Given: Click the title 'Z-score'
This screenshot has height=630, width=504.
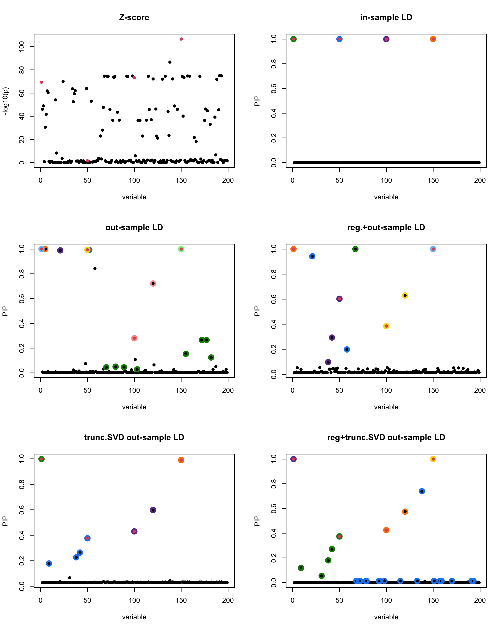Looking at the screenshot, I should (x=134, y=17).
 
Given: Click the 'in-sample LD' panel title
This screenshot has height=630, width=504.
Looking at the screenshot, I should (x=386, y=17).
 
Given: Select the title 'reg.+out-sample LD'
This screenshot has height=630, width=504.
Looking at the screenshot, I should (x=386, y=227).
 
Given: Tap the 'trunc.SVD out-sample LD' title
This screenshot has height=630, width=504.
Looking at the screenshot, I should (x=134, y=437).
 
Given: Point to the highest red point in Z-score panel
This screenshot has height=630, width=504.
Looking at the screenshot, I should (x=181, y=39).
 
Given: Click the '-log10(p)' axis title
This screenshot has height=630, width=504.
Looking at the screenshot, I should (x=5, y=101).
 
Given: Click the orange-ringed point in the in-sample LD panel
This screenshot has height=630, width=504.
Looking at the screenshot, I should (x=433, y=39).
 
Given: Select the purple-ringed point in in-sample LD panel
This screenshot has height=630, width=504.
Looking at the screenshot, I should (x=386, y=39).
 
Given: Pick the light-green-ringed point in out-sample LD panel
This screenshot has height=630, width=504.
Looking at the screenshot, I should (x=181, y=249).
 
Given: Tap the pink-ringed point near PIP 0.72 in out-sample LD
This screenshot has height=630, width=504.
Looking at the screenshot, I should (x=153, y=283).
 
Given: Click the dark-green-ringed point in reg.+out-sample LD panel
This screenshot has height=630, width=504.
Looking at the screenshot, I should (x=355, y=249).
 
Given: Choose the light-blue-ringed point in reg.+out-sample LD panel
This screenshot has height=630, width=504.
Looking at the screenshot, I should (x=433, y=249).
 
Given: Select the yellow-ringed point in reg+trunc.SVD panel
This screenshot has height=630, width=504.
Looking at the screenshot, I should (x=433, y=459).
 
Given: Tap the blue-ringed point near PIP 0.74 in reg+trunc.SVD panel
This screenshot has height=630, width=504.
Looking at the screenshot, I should (x=422, y=491).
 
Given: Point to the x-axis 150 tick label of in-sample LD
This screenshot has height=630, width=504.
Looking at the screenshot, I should (x=433, y=181).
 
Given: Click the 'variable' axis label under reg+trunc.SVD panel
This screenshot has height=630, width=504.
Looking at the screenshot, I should (x=386, y=617).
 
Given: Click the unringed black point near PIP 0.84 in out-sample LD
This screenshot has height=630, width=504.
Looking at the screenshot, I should (x=95, y=269).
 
